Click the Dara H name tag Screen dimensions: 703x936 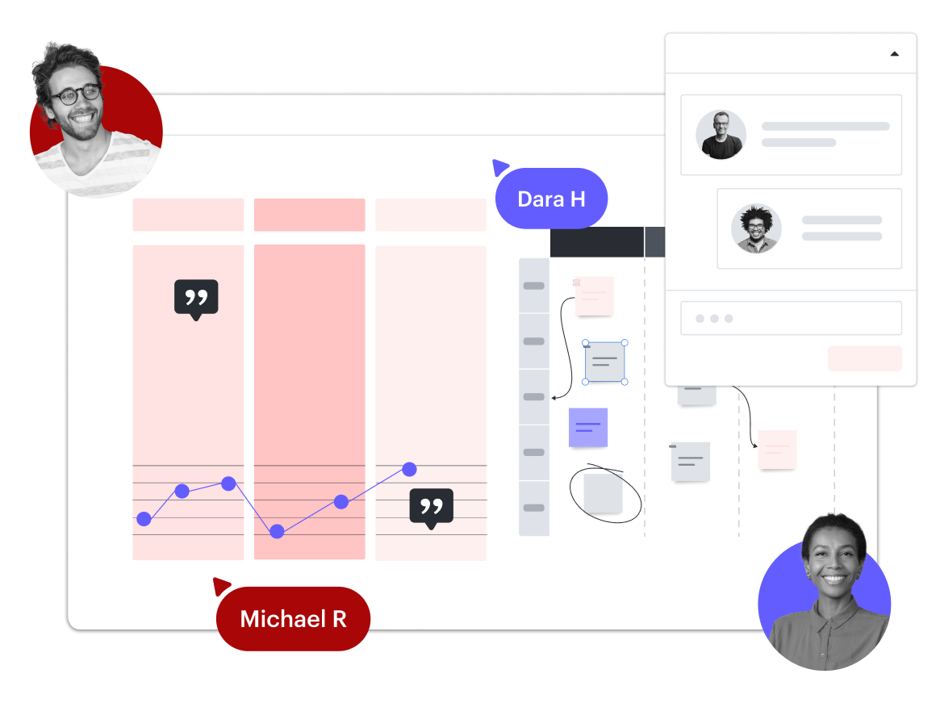551,199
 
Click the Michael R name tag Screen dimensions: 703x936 293,619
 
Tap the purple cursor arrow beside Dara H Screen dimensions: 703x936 499,167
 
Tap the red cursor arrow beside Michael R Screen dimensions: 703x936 220,585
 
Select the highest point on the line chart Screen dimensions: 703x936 409,469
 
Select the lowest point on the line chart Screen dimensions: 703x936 277,531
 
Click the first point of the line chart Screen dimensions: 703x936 144,519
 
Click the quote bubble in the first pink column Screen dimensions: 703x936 196,298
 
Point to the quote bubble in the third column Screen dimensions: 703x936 431,507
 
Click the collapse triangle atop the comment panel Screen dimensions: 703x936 894,54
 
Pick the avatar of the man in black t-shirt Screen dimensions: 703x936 721,135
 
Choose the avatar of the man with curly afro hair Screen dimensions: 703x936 756,228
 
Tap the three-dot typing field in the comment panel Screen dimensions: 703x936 790,318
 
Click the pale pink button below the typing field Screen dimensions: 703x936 864,358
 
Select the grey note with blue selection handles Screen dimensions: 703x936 604,362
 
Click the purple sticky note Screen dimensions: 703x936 588,427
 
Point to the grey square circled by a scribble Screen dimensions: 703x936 603,493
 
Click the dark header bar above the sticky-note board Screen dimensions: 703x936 596,242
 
